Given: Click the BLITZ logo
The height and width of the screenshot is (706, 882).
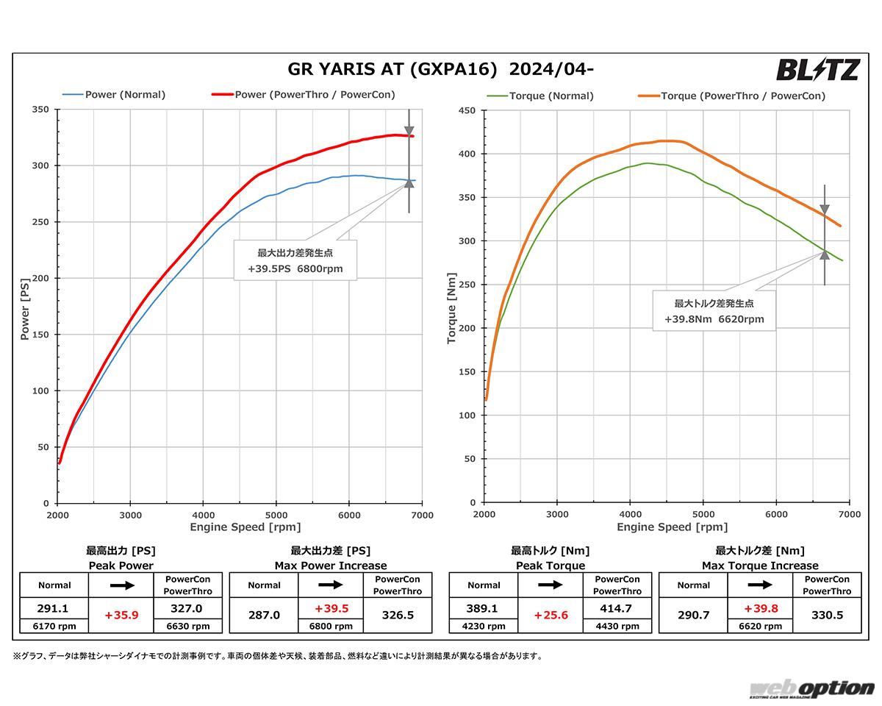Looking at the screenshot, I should tap(817, 71).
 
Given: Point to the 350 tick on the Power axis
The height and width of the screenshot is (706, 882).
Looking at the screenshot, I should tap(40, 110).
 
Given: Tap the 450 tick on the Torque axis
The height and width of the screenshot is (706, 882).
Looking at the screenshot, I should tap(467, 110).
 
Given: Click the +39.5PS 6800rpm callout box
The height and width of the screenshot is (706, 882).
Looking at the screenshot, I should tap(295, 260).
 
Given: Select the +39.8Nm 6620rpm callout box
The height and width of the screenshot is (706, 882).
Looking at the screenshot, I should tap(714, 310).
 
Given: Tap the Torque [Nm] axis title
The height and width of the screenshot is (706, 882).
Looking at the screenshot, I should tap(451, 307).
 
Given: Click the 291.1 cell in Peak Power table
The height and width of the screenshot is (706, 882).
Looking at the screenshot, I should tap(54, 608).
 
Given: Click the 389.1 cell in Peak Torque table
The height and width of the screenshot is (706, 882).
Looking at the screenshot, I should tap(484, 608).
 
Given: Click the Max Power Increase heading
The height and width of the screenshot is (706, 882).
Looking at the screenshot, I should tap(331, 566).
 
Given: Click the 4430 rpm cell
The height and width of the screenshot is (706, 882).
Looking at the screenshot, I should tap(617, 627).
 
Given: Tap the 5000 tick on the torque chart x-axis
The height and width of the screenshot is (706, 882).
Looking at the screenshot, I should tap(703, 516).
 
